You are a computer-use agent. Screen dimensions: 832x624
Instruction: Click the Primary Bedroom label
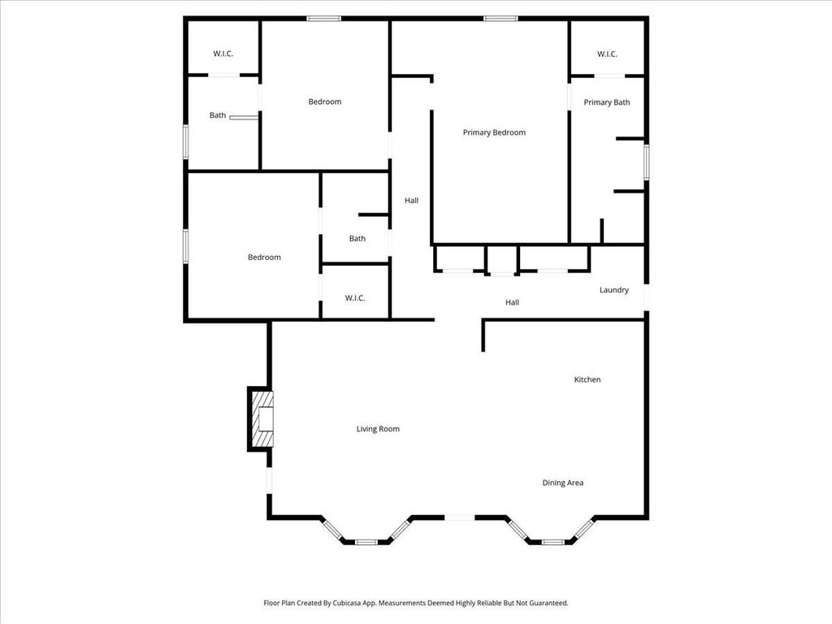pos(494,132)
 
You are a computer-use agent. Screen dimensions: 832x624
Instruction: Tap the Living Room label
pos(378,429)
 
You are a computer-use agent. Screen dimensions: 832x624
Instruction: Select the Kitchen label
pos(587,379)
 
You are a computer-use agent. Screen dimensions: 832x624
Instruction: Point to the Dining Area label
pos(562,483)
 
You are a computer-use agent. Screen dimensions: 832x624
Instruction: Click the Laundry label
pos(614,290)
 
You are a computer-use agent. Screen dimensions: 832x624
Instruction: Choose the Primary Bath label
pos(606,102)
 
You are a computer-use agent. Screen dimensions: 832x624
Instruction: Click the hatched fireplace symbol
pos(262,418)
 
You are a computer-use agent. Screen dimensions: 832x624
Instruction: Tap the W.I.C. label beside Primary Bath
pos(607,54)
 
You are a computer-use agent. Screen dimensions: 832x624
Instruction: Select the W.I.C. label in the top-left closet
pos(223,54)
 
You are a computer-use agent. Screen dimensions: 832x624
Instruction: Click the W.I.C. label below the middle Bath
pos(355,298)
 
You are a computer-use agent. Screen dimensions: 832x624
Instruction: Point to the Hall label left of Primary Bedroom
pos(411,201)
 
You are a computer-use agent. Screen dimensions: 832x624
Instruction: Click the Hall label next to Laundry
pos(512,302)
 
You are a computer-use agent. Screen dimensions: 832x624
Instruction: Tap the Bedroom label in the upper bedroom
pos(325,102)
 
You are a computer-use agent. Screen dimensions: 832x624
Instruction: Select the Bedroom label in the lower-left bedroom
pos(264,258)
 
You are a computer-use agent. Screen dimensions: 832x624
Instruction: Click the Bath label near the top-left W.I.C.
pos(218,115)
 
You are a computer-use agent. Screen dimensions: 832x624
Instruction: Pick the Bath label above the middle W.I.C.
pos(357,239)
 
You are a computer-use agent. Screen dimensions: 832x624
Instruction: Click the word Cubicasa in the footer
pos(347,603)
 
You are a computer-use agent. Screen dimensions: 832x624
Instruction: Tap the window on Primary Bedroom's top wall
pos(500,19)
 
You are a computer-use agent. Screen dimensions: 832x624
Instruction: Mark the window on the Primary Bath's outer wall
pos(646,162)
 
